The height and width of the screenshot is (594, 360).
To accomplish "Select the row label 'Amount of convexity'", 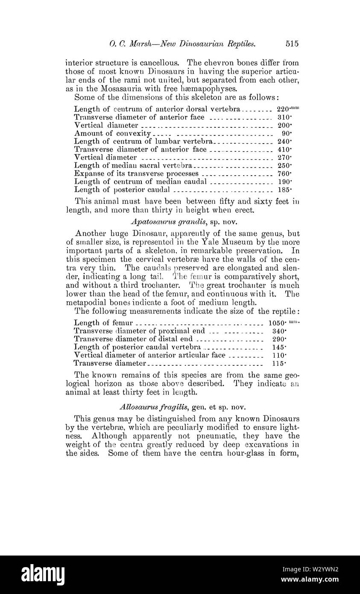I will coord(112,133).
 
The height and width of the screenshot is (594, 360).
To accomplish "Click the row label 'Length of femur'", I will coord(104,323).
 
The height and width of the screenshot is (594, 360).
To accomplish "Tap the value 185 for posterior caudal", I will coord(283,189).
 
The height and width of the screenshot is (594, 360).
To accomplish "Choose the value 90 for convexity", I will coord(284,133).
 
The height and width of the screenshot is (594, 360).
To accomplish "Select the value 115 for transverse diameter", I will coord(279,363).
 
